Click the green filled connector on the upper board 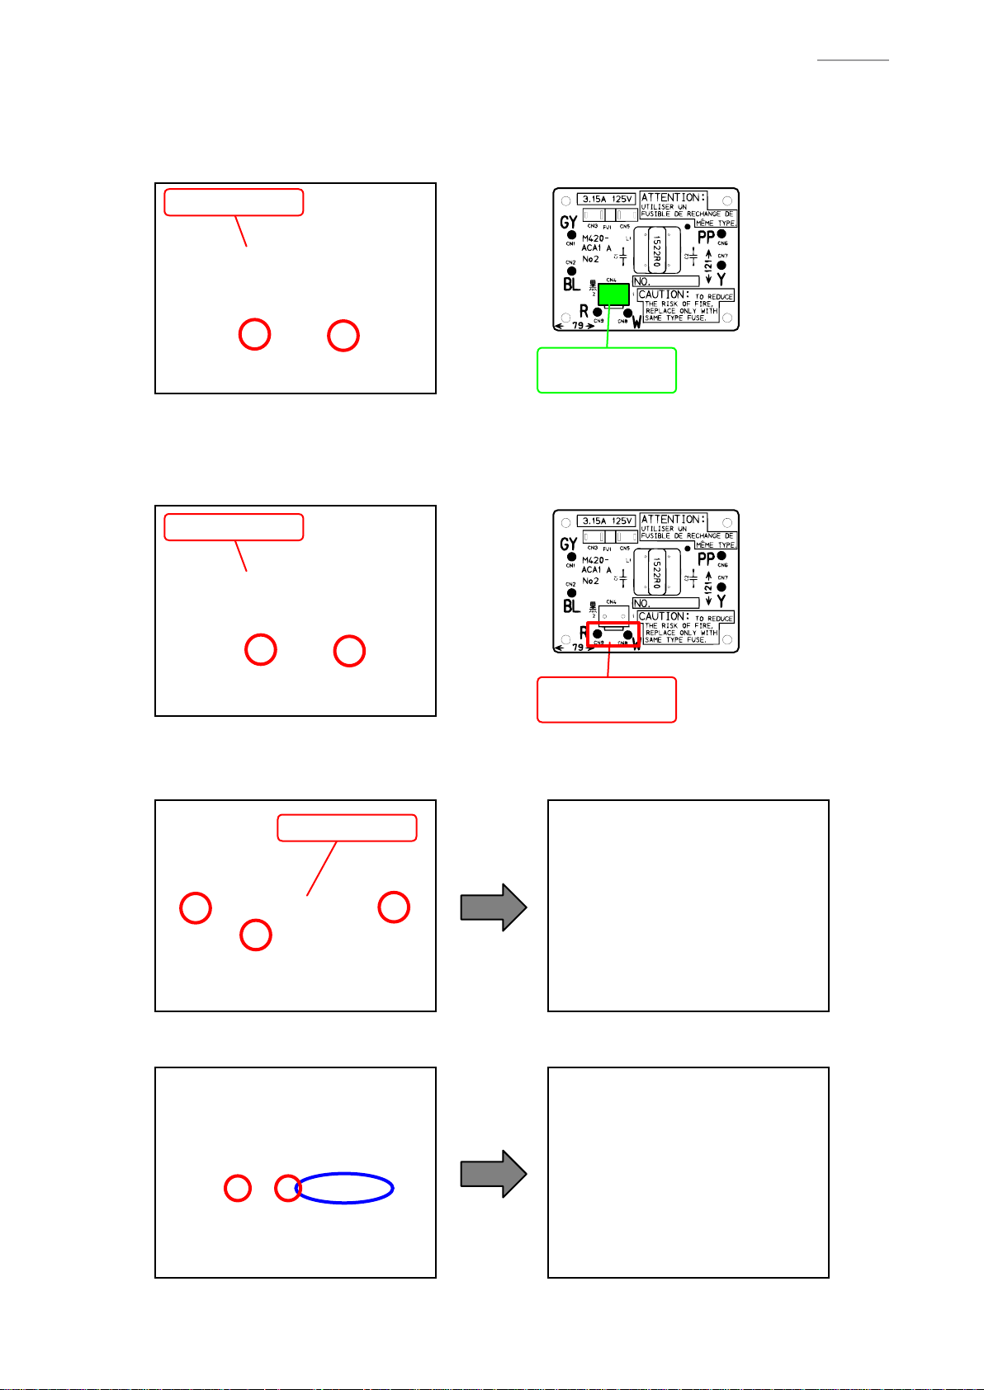click(613, 294)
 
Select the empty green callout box click(607, 370)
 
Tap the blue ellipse click(345, 1188)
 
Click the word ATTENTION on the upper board click(673, 197)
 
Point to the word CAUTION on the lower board click(663, 616)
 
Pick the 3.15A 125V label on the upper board click(607, 199)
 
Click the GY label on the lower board click(568, 544)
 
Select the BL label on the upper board click(571, 285)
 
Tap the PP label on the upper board click(706, 238)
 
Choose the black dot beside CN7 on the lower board click(721, 587)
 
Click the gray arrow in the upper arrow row click(494, 907)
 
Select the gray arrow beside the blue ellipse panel click(494, 1174)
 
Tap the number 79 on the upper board click(578, 325)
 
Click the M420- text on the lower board click(595, 560)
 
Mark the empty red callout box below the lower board click(607, 700)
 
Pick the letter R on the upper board click(584, 311)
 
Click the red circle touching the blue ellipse click(288, 1188)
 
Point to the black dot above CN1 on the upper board click(570, 234)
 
